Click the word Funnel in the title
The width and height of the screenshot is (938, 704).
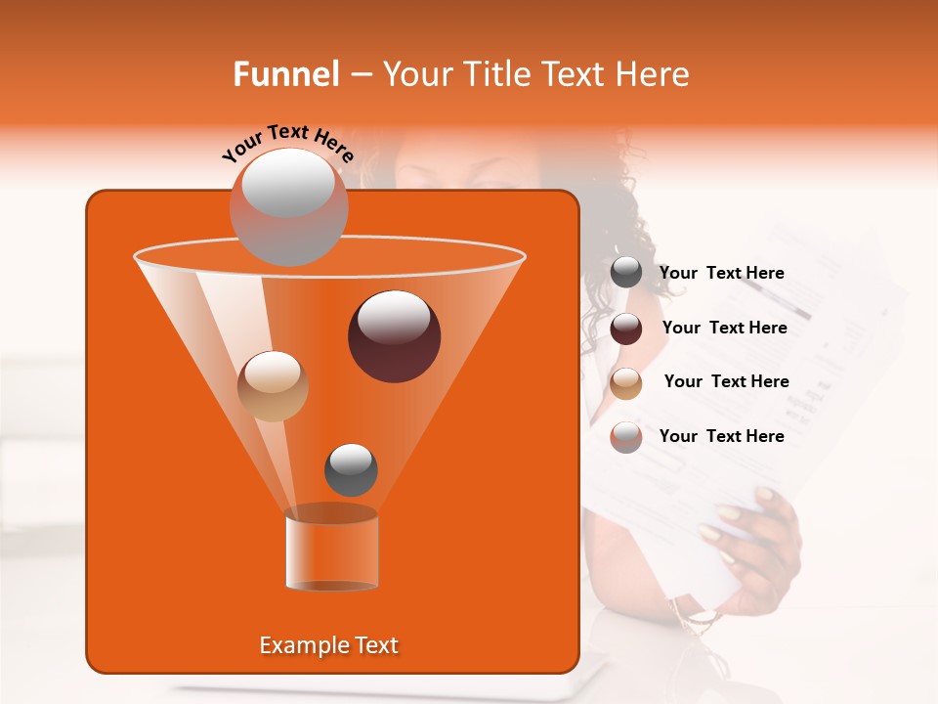click(286, 74)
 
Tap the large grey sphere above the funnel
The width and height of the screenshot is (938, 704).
click(288, 206)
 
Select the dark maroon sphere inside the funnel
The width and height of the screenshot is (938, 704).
click(394, 336)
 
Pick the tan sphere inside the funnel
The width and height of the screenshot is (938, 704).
click(273, 386)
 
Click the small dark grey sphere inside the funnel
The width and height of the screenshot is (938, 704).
click(351, 469)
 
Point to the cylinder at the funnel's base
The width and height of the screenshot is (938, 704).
click(331, 549)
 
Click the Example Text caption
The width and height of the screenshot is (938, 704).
click(328, 645)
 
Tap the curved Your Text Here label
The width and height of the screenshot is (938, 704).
click(288, 143)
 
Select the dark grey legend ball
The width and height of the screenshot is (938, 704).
click(626, 273)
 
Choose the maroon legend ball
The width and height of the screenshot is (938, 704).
click(626, 329)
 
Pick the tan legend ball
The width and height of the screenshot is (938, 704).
click(626, 383)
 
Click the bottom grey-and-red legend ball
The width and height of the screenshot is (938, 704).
click(626, 437)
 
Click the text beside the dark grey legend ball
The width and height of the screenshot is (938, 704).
click(721, 273)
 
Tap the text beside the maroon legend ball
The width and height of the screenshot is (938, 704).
click(724, 328)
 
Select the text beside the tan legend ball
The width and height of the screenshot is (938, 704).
click(726, 381)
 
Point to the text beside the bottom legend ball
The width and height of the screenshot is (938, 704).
click(721, 436)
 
